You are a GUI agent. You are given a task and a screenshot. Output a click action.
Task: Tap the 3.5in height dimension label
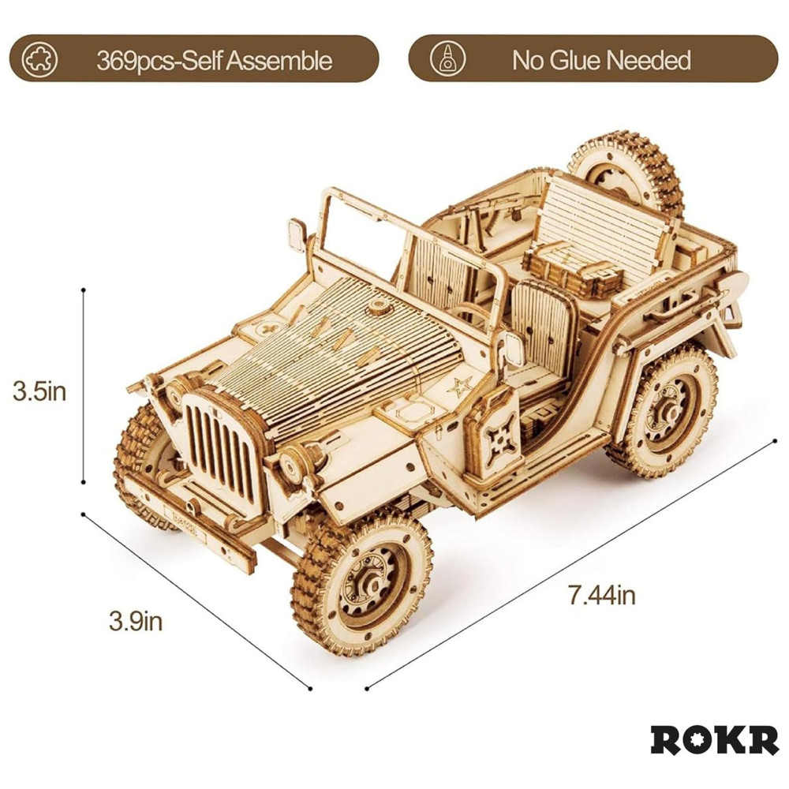[x=39, y=391]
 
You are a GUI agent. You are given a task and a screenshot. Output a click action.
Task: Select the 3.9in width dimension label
[x=136, y=622]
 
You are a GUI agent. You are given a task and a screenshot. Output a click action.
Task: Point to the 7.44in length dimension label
[x=601, y=595]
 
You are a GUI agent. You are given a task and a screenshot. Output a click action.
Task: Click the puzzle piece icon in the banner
[x=39, y=59]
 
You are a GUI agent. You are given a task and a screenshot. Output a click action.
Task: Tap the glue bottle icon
[x=447, y=59]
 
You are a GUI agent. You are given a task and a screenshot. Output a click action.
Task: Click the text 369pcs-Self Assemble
[x=215, y=61]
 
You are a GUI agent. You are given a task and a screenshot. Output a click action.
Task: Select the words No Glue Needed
[x=601, y=61]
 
